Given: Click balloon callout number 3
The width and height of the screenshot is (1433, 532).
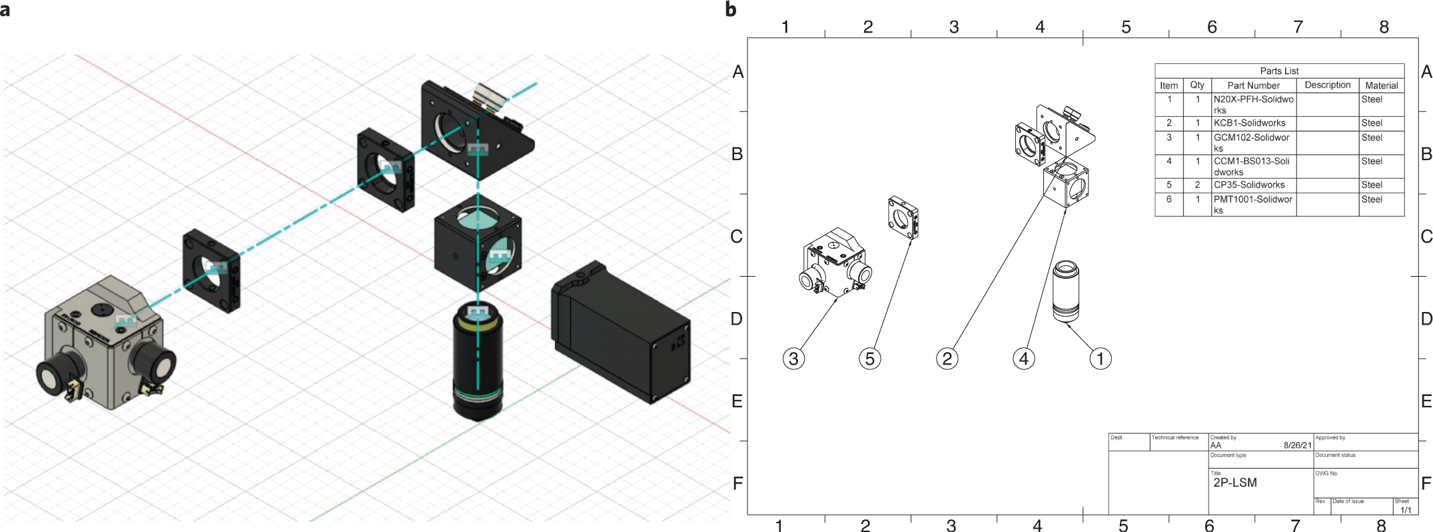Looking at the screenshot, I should click(793, 359).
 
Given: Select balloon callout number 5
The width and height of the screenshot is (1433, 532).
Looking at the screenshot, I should click(869, 359).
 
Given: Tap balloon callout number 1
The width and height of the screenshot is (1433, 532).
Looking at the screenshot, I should click(1100, 359).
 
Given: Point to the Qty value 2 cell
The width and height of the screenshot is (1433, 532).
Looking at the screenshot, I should click(1196, 185).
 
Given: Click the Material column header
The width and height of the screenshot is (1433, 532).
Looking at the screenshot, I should click(1381, 85).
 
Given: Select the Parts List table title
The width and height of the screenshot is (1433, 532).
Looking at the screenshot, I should click(1278, 71).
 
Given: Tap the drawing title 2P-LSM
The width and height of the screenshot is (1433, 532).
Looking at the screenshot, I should click(1234, 483).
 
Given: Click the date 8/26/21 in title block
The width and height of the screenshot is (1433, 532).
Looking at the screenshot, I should click(1296, 445).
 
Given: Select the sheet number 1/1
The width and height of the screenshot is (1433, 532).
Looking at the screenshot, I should click(1405, 510).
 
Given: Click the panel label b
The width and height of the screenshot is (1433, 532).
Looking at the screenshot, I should click(731, 9).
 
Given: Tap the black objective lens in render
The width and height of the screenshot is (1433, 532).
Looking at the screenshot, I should click(478, 363).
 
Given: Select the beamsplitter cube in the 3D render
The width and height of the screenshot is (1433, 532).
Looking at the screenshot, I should click(477, 243).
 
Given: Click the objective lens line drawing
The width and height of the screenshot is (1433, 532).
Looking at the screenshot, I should click(1065, 291).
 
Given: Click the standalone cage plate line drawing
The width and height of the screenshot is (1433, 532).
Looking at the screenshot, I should click(903, 217).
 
